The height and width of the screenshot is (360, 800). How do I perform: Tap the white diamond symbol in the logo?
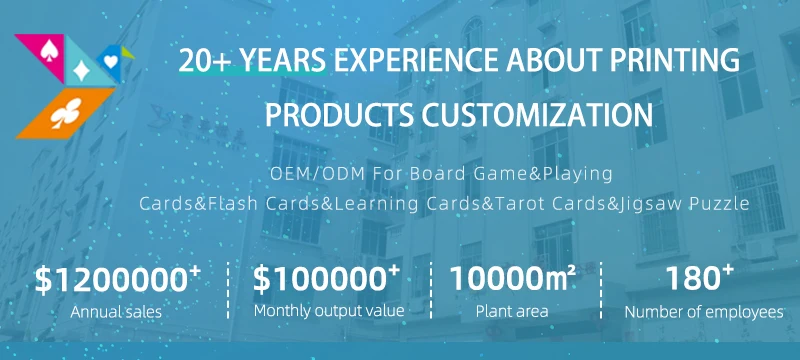[82, 71]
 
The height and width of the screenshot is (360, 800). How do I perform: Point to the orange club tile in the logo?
[66, 113]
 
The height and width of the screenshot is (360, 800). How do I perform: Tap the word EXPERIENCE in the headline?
[416, 60]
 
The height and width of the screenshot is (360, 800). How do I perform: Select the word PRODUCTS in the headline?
[339, 115]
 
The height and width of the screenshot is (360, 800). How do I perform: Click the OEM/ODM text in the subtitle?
[317, 174]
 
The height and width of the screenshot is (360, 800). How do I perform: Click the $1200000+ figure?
[117, 279]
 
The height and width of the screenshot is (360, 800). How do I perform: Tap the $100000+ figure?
[326, 279]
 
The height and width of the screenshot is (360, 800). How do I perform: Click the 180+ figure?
[699, 278]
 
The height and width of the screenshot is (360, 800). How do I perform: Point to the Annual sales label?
[116, 312]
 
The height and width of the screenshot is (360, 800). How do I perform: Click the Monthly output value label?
[329, 311]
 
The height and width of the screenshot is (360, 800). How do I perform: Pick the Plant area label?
[512, 311]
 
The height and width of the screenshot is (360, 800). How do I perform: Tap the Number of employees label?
[704, 312]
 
